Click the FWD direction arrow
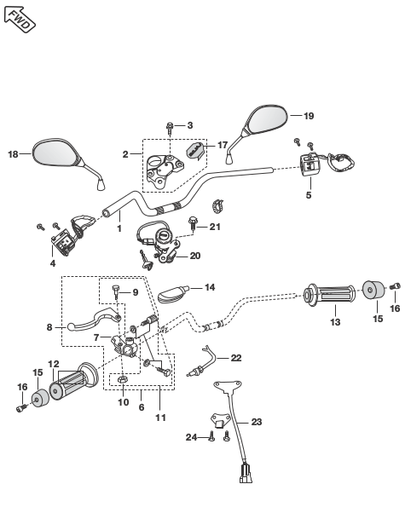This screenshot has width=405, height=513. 20,19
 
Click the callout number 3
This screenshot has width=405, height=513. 190,125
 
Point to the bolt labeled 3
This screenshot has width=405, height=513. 170,128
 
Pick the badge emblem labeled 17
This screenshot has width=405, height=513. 196,151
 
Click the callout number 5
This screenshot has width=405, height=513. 309,195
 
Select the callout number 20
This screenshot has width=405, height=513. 195,256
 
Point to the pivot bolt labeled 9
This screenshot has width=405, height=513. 116,291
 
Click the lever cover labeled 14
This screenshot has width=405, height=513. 172,294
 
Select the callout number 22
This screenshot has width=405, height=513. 236,358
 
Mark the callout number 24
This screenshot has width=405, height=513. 191,437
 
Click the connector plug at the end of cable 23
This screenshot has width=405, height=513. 246,474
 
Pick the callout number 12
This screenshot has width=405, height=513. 54,364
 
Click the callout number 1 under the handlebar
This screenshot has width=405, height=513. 119,228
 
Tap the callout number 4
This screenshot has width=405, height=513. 53,263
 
